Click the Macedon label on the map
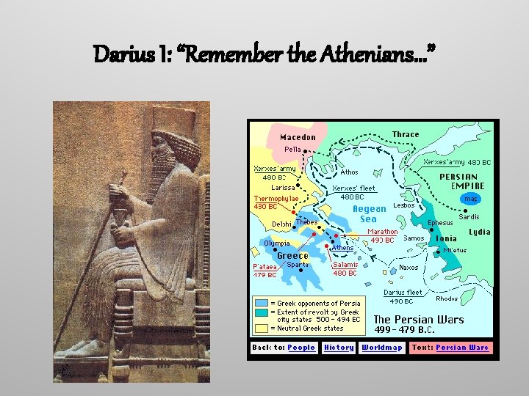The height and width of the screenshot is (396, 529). tap(298, 137)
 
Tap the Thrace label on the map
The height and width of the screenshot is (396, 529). tap(406, 134)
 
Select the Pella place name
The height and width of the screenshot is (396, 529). tap(292, 149)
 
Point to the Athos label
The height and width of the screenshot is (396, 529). tap(350, 172)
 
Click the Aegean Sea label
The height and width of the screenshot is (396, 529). tap(369, 213)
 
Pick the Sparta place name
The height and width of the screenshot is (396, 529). tap(298, 265)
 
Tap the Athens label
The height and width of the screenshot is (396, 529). tap(342, 248)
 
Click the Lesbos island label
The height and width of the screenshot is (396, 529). tap(404, 205)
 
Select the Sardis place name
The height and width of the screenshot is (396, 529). tap(469, 217)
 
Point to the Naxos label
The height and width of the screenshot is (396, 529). tap(409, 268)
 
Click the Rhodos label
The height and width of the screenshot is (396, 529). tap(447, 298)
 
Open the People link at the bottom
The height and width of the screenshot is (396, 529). tap(301, 348)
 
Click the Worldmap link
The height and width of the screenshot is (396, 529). tap(381, 348)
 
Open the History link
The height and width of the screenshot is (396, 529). tap(339, 348)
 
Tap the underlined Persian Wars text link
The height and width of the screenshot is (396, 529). tap(461, 348)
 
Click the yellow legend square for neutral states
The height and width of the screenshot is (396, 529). tap(261, 328)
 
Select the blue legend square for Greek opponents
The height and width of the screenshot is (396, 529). tap(261, 303)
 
